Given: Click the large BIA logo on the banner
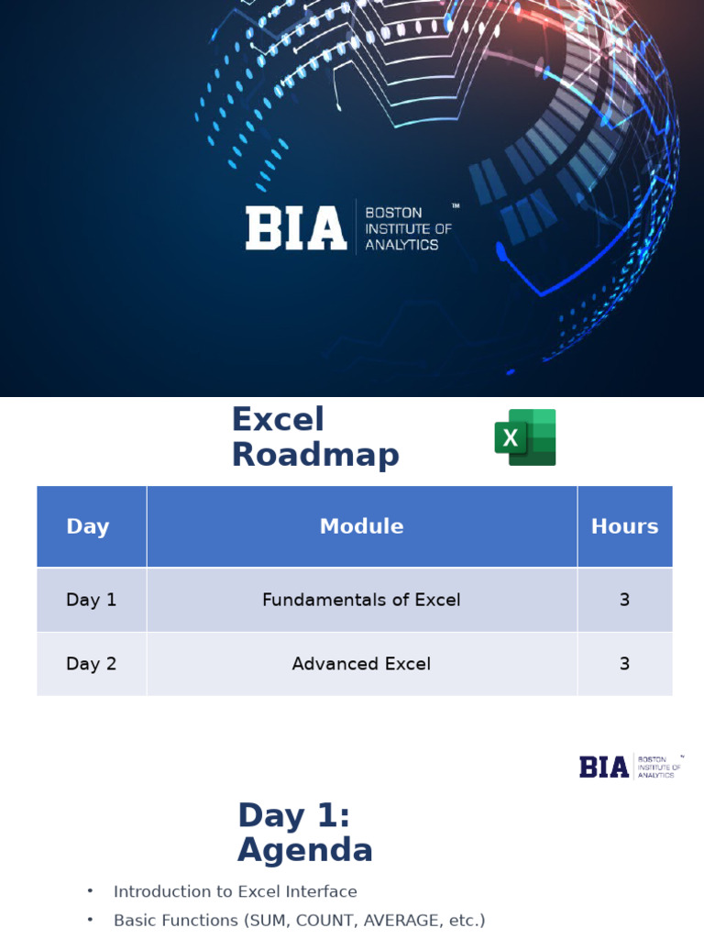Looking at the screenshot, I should pos(295,228).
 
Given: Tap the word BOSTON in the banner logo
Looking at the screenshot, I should pos(393,213).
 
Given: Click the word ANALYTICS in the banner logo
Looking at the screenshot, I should pos(401,245).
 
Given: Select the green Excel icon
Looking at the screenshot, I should pos(525,437).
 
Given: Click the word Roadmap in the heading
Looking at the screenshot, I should pos(315,455).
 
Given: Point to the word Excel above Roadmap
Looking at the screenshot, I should pos(278,420).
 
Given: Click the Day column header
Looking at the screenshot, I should pos(88,526).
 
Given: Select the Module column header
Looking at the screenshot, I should pos(361,526).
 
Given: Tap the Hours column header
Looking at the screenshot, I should pos(624,526).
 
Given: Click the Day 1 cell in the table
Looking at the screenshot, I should pos(92,600).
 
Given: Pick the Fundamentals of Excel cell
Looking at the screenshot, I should pos(361,600).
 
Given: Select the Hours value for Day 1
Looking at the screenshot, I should pos(624,600).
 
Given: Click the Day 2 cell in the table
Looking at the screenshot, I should pos(92,664).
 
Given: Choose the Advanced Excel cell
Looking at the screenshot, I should pos(361,664).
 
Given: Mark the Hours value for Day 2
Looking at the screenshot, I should pos(624,664).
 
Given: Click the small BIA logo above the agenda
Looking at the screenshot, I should pos(605,767).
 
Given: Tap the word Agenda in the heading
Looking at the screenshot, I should pos(305,851).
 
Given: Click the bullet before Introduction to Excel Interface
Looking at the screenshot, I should pos(90,891).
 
